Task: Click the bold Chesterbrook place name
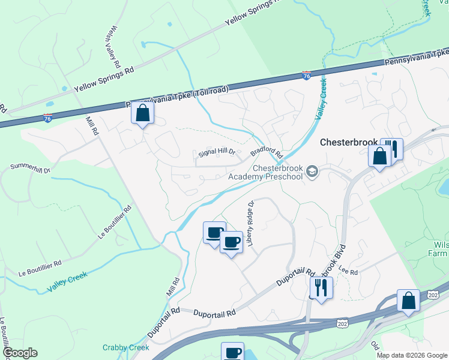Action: tap(349, 143)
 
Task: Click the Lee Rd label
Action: tap(348, 272)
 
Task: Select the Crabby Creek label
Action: tap(125, 347)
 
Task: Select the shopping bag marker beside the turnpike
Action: tap(143, 113)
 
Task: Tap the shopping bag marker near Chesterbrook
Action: tap(379, 157)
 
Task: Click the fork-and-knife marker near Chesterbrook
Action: tap(392, 148)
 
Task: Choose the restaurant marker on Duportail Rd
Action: tap(321, 288)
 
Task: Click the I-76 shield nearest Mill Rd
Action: tap(48, 117)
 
